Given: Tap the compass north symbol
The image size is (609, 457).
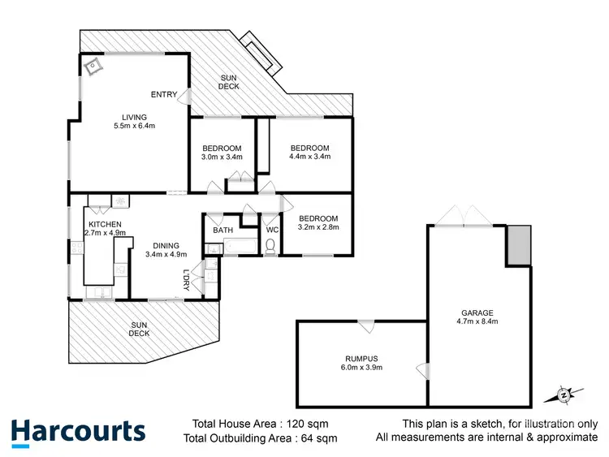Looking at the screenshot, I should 563,395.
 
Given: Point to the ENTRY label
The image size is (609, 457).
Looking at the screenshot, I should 163,95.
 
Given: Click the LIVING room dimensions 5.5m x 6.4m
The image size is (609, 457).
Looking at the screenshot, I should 135,127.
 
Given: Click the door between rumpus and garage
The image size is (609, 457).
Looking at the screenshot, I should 422,371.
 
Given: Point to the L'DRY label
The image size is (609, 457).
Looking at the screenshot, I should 186,279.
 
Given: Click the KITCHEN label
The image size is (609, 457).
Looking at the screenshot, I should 105,224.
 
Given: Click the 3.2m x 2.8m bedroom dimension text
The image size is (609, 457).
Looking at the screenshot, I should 317,228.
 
